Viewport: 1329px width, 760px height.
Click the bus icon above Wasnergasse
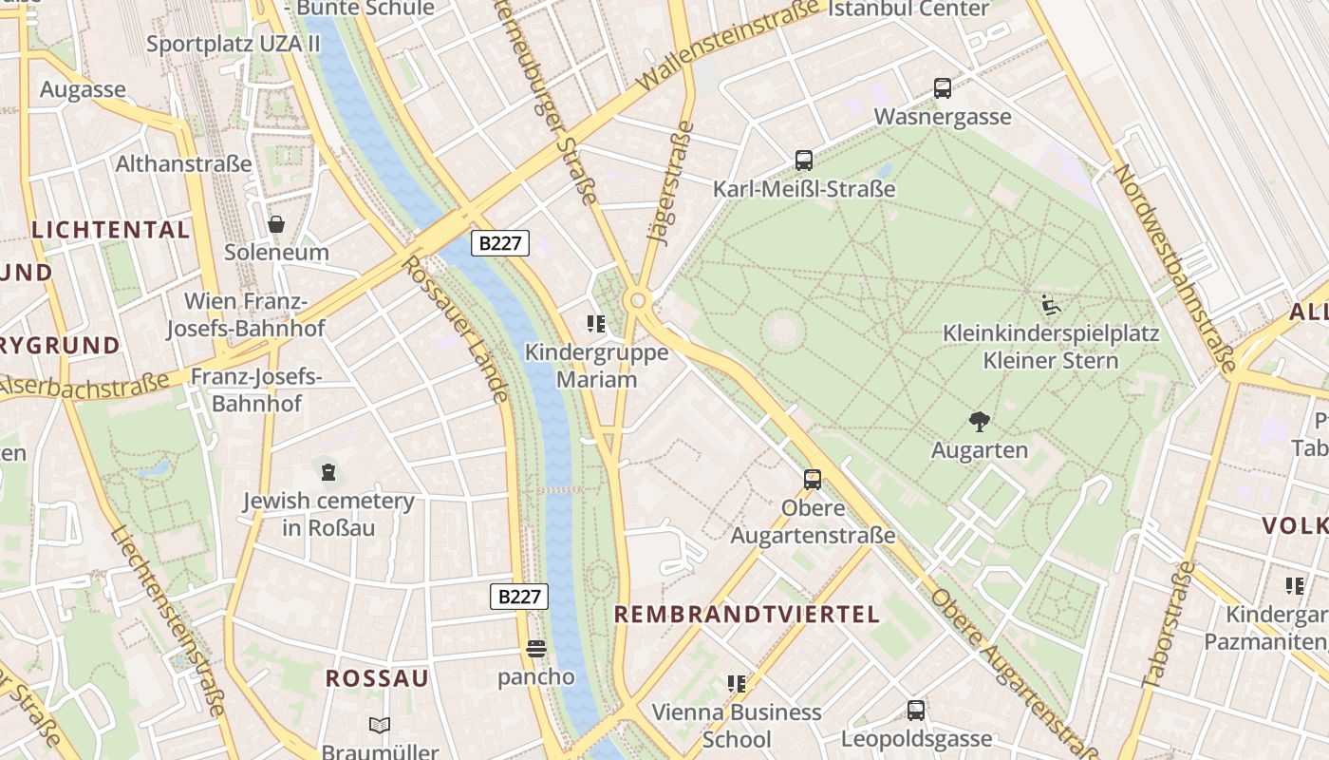coord(943,88)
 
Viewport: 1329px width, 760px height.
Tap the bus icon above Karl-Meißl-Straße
coord(804,161)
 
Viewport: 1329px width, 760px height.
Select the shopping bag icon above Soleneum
coord(276,224)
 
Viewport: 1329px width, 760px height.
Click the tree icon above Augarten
coord(980,421)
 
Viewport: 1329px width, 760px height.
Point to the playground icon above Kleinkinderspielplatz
coord(1051,305)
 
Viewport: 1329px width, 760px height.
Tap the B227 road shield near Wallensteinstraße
coord(500,243)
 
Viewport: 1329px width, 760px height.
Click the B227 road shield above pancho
coord(519,597)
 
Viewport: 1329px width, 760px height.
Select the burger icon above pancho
coord(536,650)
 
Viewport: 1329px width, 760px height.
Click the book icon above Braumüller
coord(380,726)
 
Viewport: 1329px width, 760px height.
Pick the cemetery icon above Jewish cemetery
coord(328,472)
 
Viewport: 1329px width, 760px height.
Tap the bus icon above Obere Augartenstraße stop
coord(813,480)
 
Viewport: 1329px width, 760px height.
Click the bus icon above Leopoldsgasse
coord(916,711)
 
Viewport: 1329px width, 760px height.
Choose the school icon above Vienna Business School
coord(737,684)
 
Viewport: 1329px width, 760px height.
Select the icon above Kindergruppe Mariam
coord(596,325)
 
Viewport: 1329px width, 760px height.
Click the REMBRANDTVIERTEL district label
coord(747,615)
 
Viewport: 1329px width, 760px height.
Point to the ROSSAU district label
coord(377,678)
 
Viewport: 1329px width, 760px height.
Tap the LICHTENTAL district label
coord(111,230)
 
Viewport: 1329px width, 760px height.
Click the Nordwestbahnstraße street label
coord(1174,268)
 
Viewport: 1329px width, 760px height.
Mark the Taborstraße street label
coord(1169,624)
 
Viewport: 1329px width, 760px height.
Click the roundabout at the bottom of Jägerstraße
coord(638,301)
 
